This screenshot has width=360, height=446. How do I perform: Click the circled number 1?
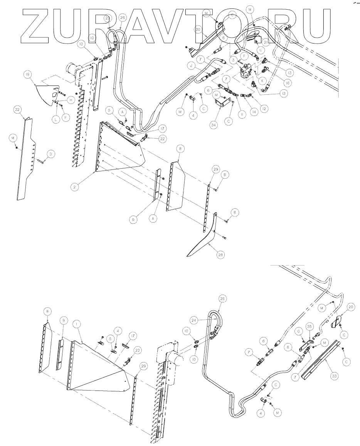click(77, 325)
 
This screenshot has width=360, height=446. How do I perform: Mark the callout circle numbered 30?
click(199, 29)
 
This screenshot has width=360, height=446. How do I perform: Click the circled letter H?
click(71, 99)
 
